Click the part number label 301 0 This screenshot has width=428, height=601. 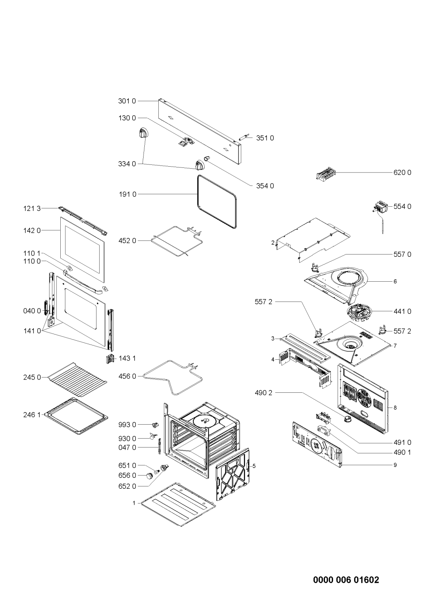(127, 101)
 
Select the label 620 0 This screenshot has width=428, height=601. (402, 172)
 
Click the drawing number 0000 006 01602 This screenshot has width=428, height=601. (346, 565)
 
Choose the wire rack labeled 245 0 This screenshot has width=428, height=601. (77, 380)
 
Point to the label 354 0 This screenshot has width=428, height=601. (265, 186)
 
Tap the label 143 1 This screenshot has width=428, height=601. (127, 358)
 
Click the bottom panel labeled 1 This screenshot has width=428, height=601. (179, 504)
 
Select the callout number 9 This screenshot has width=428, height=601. (395, 465)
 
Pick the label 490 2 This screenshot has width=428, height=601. (263, 393)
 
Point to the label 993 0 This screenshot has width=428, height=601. (127, 425)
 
